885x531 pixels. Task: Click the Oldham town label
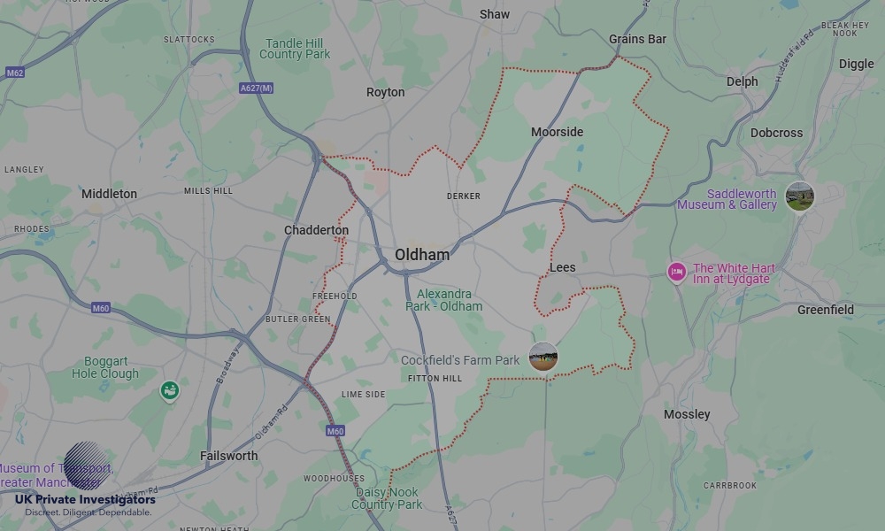[x=422, y=255]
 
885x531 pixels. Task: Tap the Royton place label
[x=385, y=92]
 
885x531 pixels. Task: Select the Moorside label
[x=557, y=132]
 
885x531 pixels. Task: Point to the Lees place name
[x=562, y=267]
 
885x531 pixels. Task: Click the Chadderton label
[x=316, y=230]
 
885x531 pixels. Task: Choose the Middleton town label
[x=109, y=194]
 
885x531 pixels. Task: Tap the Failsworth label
[x=228, y=456]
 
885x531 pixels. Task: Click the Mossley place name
[x=687, y=414]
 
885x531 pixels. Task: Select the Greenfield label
[x=825, y=310]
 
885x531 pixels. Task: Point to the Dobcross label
[x=776, y=133]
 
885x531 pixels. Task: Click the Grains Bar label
[x=637, y=39]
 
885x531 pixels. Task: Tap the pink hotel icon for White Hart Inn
[x=676, y=272]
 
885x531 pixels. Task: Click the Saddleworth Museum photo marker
[x=799, y=196]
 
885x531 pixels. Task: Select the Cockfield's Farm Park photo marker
[x=543, y=357]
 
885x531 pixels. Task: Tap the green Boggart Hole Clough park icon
[x=169, y=390]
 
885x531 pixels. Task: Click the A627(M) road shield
[x=257, y=88]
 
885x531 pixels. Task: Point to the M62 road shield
[x=14, y=73]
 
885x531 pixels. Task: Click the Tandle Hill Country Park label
[x=295, y=49]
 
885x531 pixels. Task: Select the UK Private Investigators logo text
[x=85, y=500]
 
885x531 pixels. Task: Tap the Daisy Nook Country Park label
[x=387, y=498]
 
